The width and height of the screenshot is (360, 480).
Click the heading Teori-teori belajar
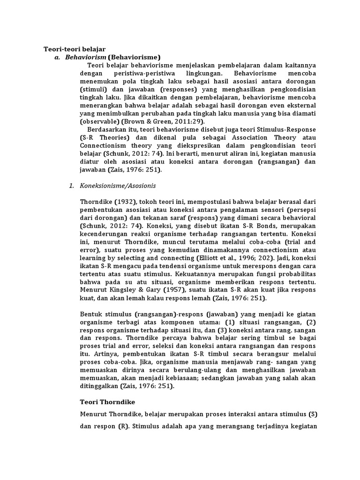pos(75,49)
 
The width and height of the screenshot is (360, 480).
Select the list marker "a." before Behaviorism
pos(57,57)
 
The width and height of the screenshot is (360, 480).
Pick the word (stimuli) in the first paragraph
pos(93,89)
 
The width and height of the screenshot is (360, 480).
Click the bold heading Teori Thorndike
pos(109,402)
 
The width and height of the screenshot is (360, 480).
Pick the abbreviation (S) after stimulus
pos(312,415)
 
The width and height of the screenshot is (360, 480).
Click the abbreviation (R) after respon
pos(121,427)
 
